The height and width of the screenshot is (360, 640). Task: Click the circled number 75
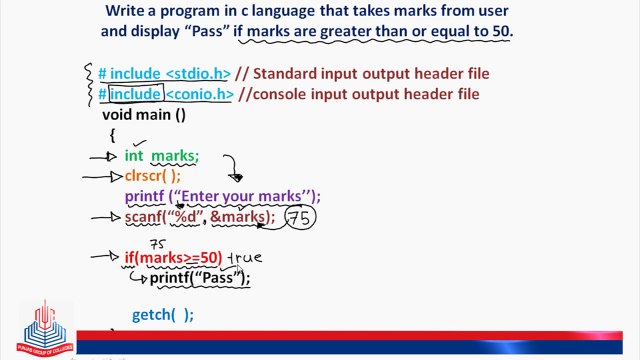point(299,217)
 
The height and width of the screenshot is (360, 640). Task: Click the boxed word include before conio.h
point(135,94)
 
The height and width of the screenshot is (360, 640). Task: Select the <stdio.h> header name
point(197,74)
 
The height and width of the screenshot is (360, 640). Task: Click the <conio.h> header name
point(199,94)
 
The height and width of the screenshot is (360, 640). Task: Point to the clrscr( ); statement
point(153,175)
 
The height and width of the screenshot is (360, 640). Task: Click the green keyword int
point(134,156)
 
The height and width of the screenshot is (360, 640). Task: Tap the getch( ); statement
point(162,314)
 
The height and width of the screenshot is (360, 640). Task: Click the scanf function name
point(143,217)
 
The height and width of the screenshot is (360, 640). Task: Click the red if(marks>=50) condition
point(172,258)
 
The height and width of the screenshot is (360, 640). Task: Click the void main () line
point(144,114)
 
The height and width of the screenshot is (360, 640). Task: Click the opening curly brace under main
point(113,134)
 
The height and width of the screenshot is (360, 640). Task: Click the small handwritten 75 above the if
point(157,243)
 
